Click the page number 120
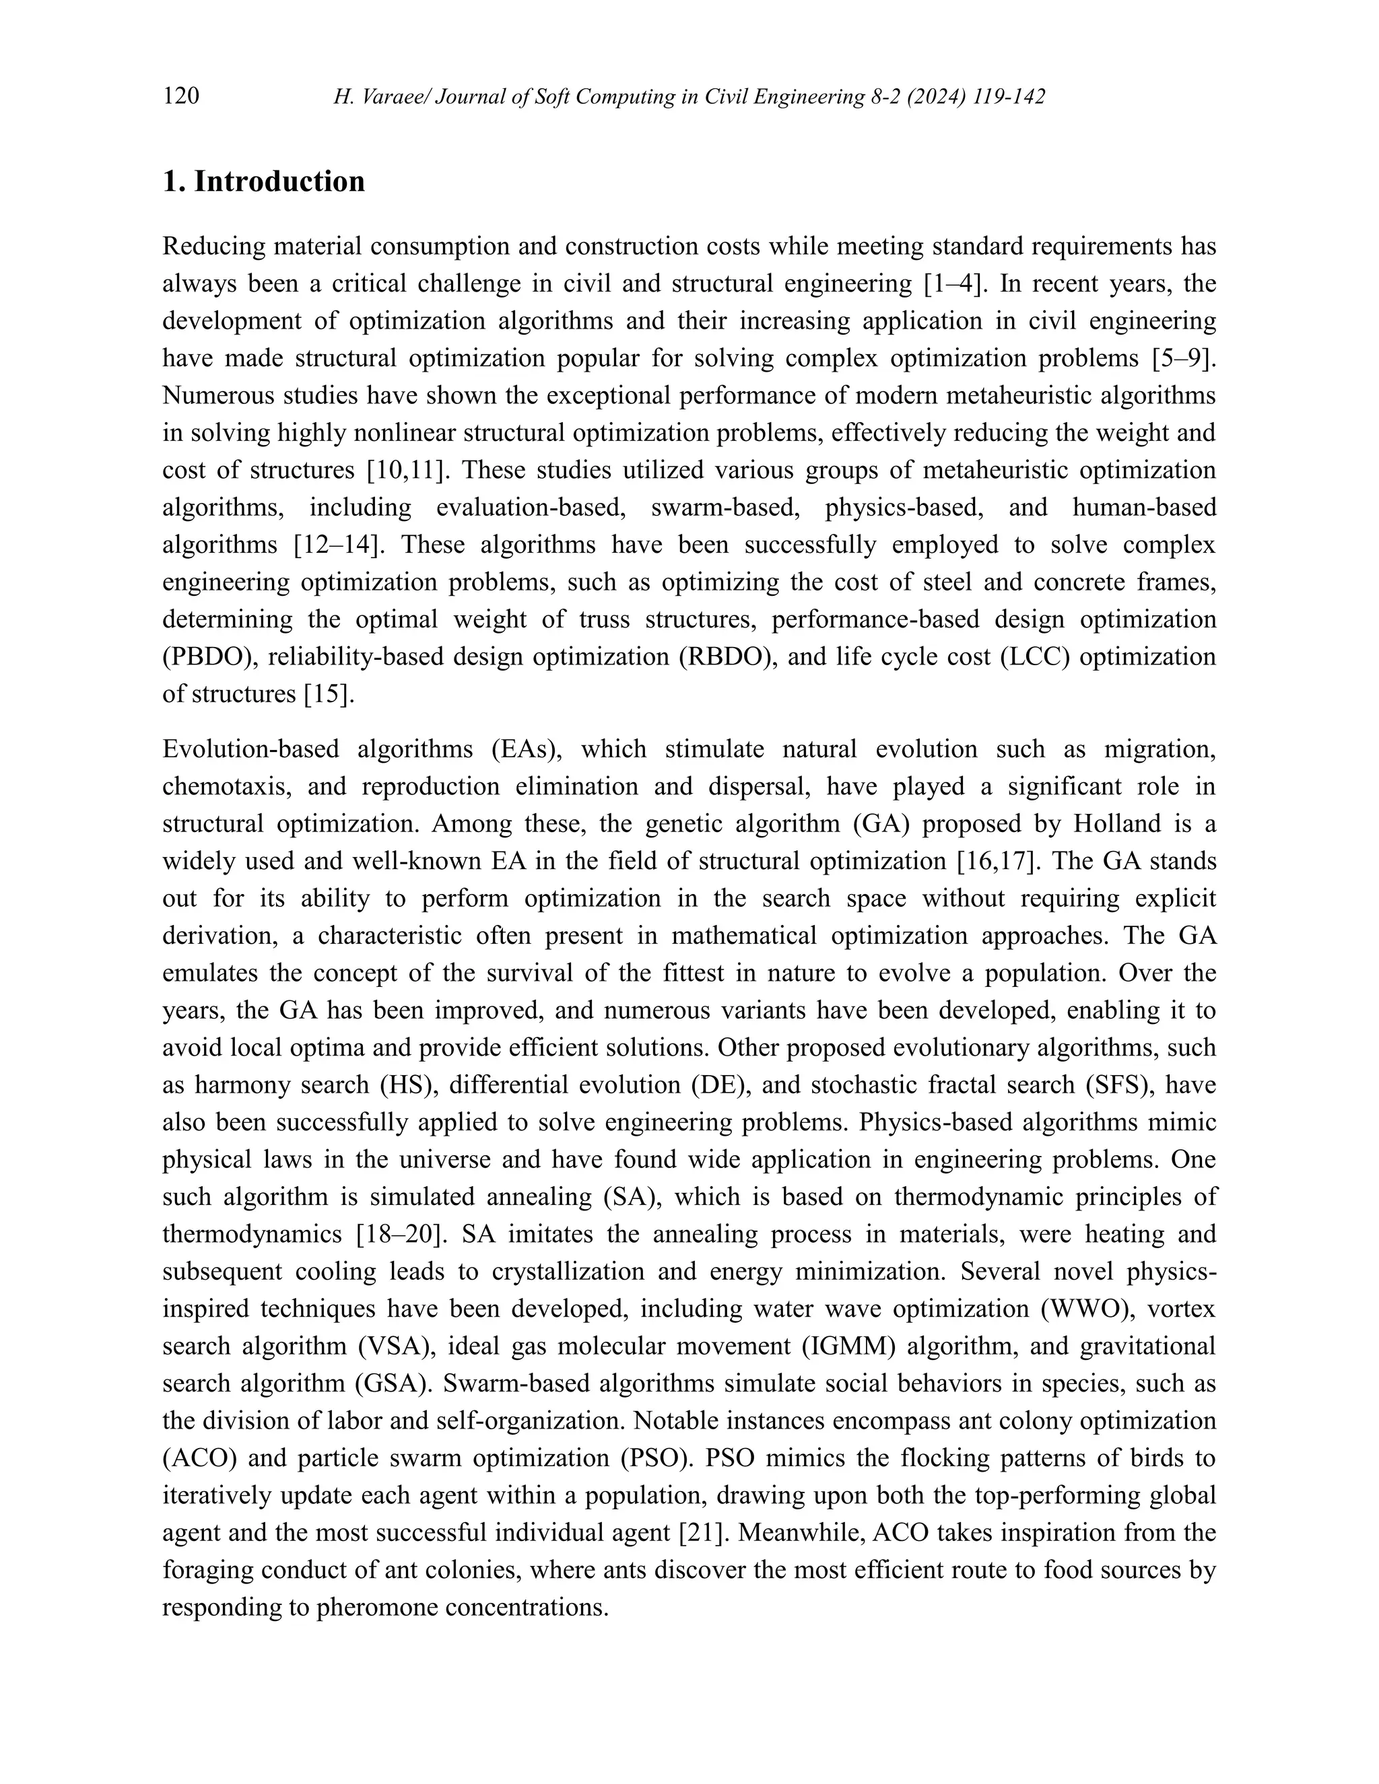click(x=181, y=97)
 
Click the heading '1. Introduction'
click(x=264, y=181)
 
